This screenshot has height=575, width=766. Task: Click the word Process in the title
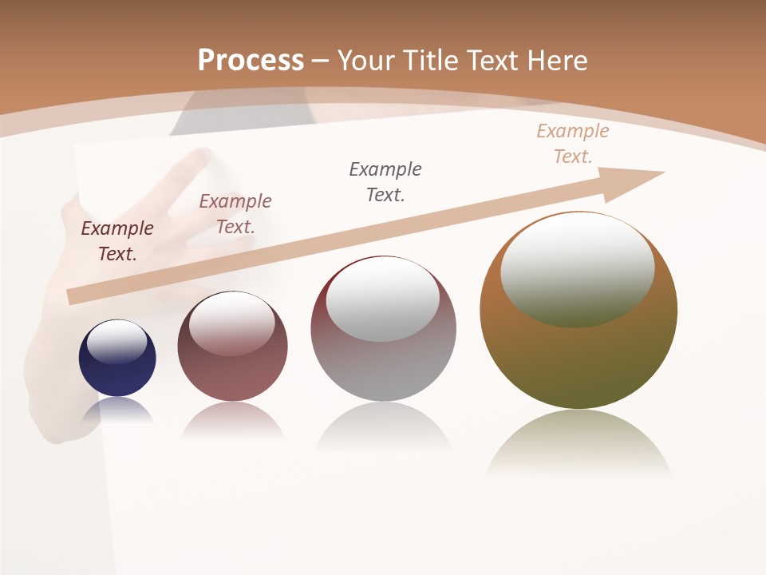coord(251,61)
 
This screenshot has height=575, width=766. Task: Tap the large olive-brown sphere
coord(578,351)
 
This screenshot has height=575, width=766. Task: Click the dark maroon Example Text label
coord(117,241)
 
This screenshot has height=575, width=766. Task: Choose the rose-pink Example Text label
coord(235,214)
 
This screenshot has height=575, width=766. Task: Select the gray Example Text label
coord(385,182)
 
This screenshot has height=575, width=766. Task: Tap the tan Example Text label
coord(573,144)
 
